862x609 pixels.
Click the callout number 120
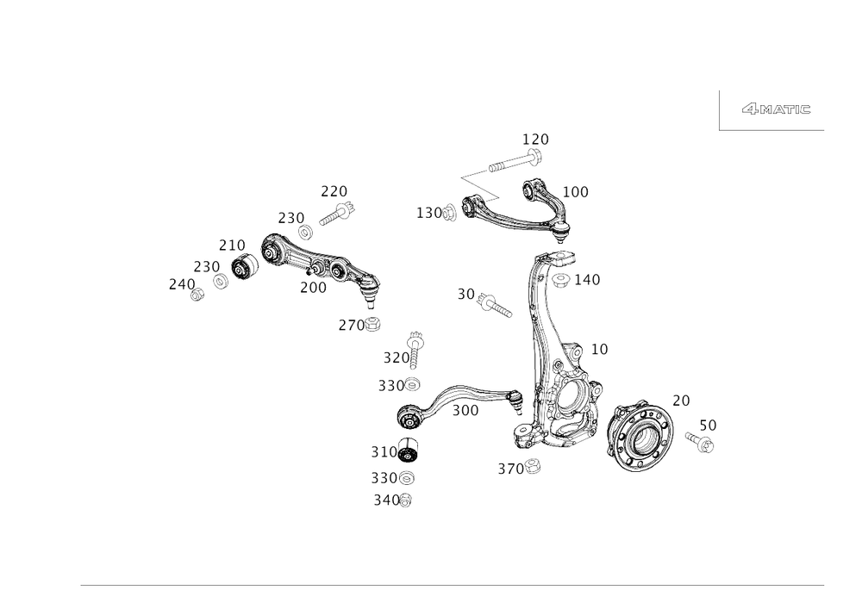[534, 138]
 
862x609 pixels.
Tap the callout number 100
[576, 191]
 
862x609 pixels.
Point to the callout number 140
[588, 280]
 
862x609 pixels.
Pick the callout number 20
[681, 399]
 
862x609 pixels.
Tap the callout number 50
[709, 424]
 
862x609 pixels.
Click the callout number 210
[231, 245]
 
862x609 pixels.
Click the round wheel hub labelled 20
[640, 438]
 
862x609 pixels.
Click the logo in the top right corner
[776, 109]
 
